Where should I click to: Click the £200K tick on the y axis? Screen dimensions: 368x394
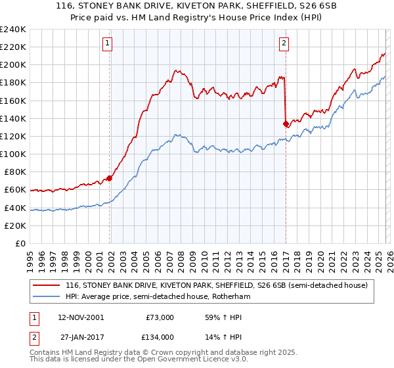(x=12, y=65)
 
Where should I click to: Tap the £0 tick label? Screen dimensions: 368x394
(x=20, y=243)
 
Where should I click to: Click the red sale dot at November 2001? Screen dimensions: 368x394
(x=110, y=178)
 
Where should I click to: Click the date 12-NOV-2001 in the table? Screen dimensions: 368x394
(x=80, y=317)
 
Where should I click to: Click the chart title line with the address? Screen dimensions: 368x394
(x=197, y=7)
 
